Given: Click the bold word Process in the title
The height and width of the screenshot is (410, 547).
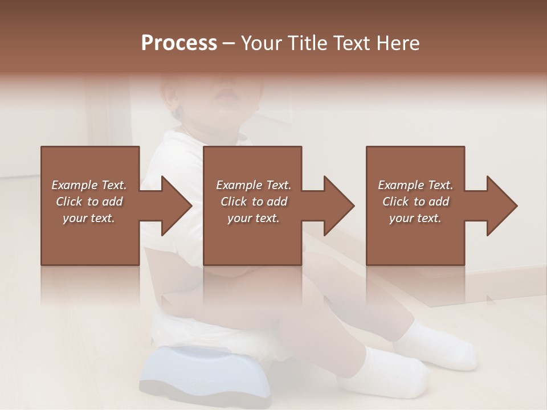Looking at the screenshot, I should pyautogui.click(x=179, y=43).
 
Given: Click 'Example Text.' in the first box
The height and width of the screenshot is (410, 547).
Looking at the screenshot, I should pyautogui.click(x=89, y=185).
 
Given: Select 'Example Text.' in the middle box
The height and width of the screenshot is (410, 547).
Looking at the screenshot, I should pyautogui.click(x=253, y=185).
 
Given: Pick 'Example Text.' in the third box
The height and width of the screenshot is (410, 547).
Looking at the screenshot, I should pyautogui.click(x=415, y=185).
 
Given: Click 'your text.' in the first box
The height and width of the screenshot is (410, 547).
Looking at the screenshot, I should pyautogui.click(x=89, y=218).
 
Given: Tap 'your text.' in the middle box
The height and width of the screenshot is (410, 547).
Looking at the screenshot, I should pyautogui.click(x=253, y=218).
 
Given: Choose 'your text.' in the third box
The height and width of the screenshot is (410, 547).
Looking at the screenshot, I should pyautogui.click(x=415, y=218).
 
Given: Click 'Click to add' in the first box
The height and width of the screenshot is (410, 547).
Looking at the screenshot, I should pyautogui.click(x=89, y=202).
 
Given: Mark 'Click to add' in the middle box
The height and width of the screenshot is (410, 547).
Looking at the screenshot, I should pyautogui.click(x=253, y=202).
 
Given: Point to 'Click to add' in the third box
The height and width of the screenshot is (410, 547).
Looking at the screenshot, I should pyautogui.click(x=415, y=202).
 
